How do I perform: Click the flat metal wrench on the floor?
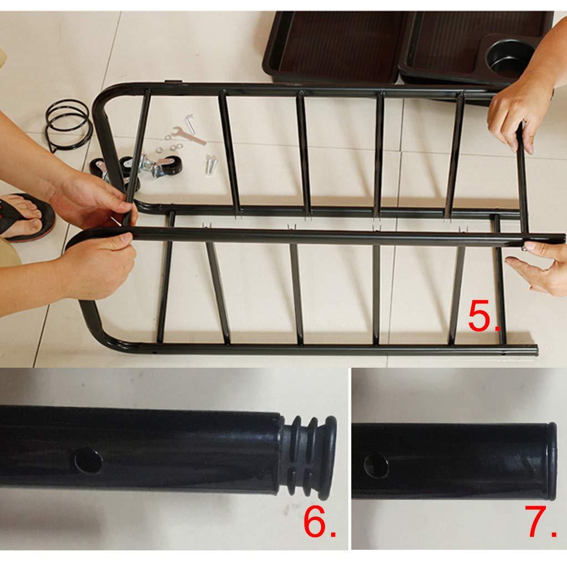[x=188, y=135]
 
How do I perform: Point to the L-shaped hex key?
[x=190, y=122]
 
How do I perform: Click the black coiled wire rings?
[x=68, y=125]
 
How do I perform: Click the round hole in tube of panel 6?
[x=88, y=461]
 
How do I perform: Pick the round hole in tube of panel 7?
[x=376, y=466]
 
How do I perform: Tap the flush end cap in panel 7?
[x=552, y=461]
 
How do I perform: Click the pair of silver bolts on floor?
[x=211, y=164]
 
